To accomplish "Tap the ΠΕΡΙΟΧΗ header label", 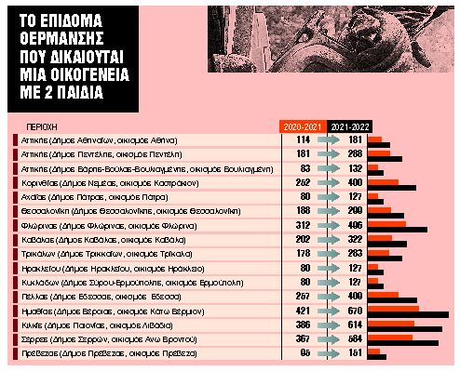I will tap(36, 125).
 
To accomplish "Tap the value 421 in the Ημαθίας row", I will tap(302, 311).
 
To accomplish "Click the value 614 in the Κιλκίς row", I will tap(354, 325).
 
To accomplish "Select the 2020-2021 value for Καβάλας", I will tap(302, 240).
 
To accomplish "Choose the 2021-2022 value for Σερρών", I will tap(354, 340).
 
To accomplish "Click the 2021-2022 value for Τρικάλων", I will tap(354, 254).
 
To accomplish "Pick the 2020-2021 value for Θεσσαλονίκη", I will tap(302, 211).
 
